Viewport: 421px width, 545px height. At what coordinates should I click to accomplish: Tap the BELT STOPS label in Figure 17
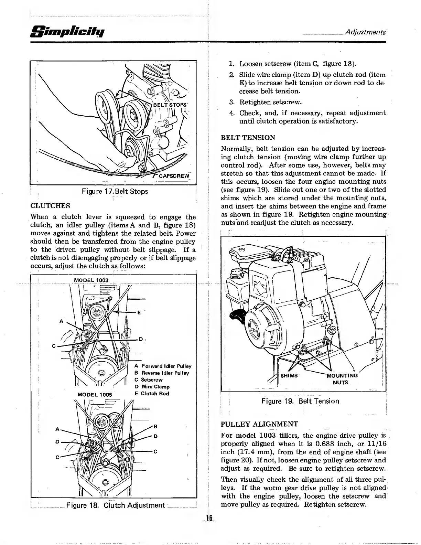(x=170, y=105)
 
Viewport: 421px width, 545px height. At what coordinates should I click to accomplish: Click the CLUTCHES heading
(x=50, y=206)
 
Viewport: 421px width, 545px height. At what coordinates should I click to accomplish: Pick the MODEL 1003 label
(x=91, y=280)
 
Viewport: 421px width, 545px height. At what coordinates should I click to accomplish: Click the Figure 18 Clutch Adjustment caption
(x=116, y=505)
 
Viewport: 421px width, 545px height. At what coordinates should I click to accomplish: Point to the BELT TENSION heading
(x=248, y=138)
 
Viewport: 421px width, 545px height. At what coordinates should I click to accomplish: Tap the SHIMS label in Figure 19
(x=289, y=375)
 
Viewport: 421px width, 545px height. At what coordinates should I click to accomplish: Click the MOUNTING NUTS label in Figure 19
(x=342, y=379)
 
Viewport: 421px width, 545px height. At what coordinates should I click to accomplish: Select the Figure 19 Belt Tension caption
(x=300, y=401)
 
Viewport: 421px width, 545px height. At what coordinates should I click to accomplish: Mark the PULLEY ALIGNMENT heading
(x=259, y=424)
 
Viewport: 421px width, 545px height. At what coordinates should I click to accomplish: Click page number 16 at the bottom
(x=209, y=518)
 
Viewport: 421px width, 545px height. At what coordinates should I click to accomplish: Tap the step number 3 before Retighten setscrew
(x=231, y=102)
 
